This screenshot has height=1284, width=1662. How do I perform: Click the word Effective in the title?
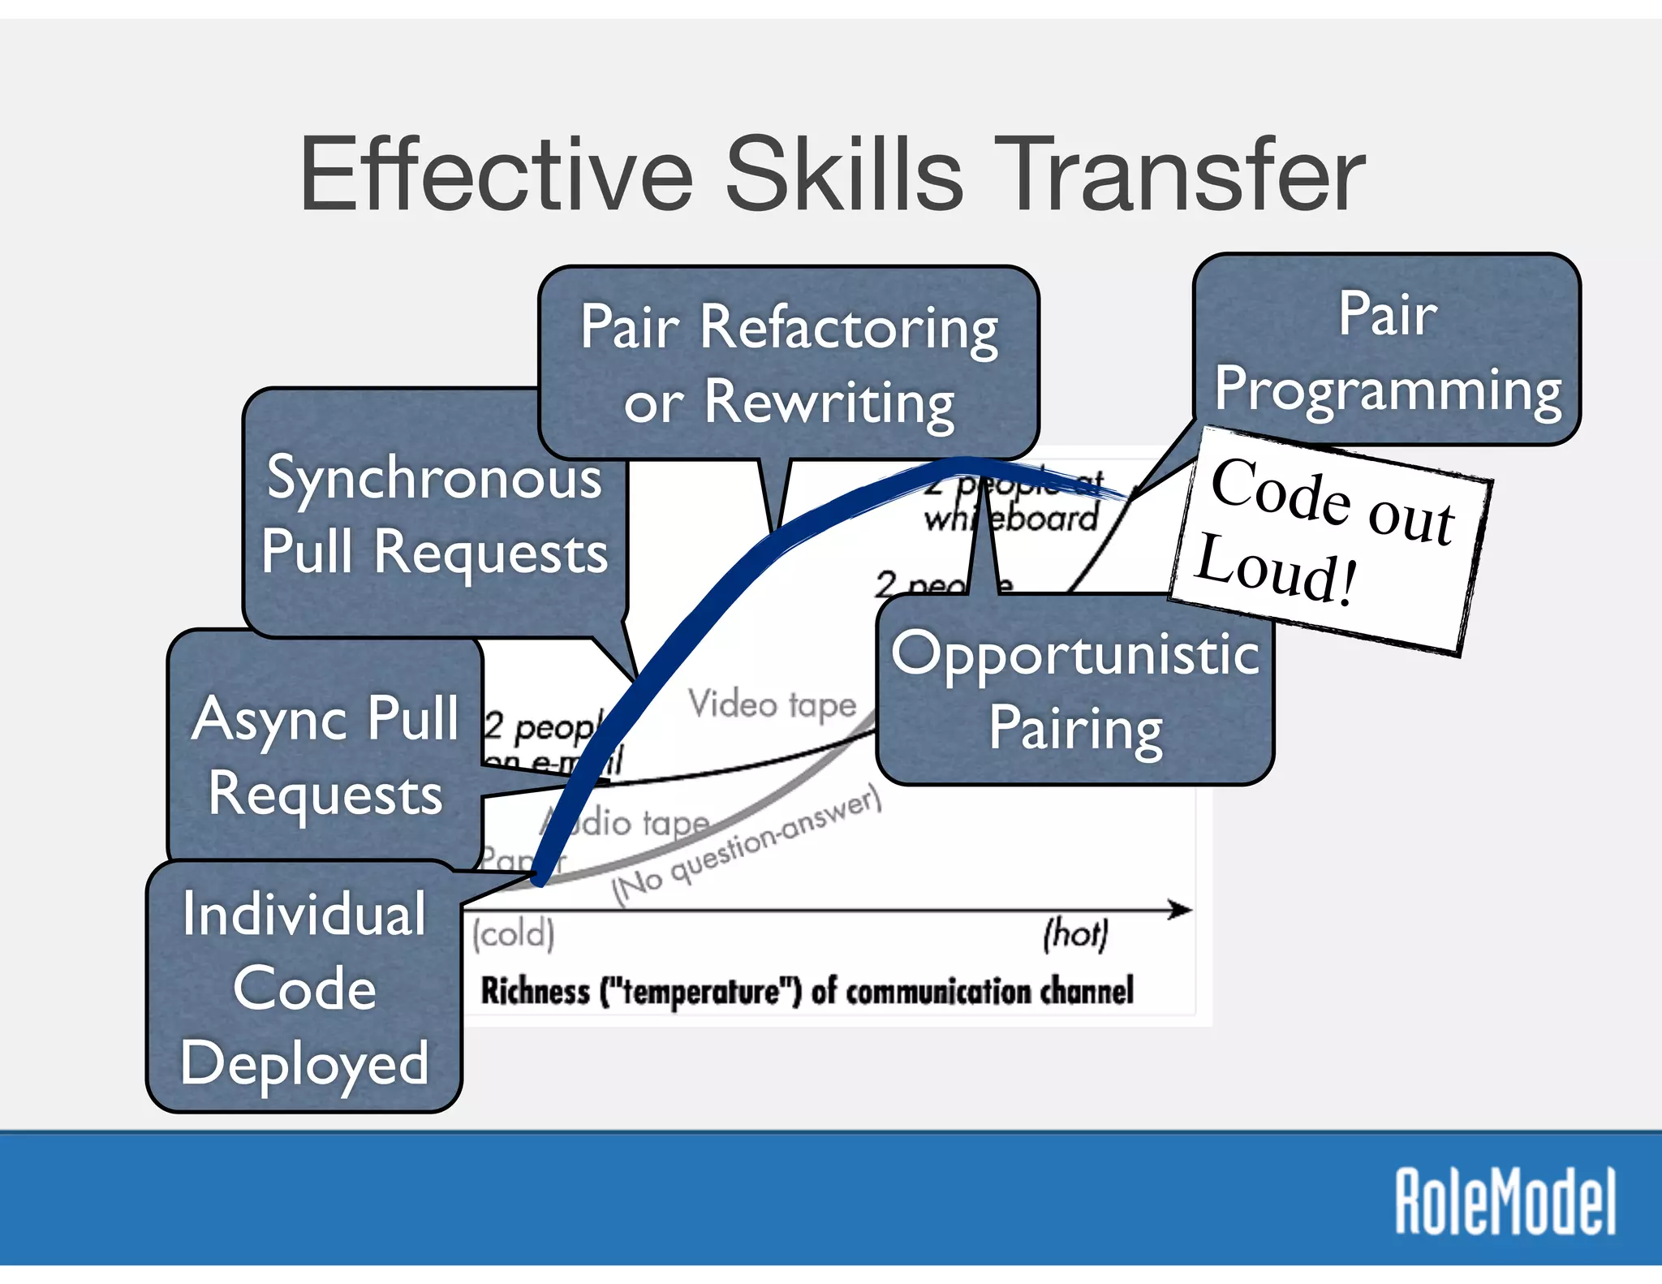tap(496, 175)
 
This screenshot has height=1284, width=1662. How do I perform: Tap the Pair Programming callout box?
tap(1387, 351)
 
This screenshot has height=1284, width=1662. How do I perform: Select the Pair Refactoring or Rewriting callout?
tap(789, 363)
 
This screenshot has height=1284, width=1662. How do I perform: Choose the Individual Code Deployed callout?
tap(304, 988)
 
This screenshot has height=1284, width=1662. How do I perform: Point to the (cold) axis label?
tap(514, 934)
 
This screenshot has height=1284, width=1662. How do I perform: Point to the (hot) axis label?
tap(1075, 933)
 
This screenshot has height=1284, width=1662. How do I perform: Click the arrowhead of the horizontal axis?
tap(1182, 910)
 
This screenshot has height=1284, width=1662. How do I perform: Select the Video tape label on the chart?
tap(772, 704)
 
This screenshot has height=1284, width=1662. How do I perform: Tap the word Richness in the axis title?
tap(535, 991)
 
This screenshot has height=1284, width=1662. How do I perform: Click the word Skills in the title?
tap(844, 175)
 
